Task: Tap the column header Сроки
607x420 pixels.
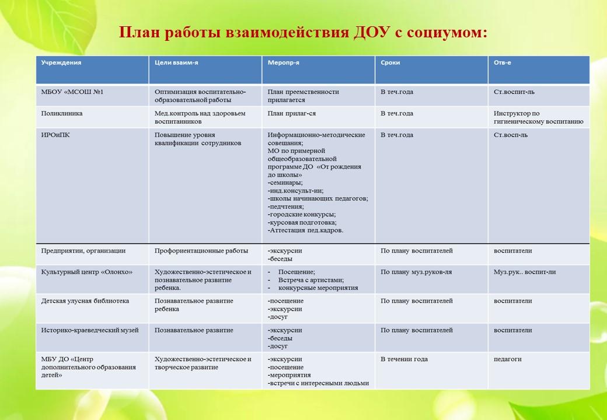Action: [390, 62]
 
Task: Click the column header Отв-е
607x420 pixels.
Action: [503, 62]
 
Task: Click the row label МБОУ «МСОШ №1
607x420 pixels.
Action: [72, 92]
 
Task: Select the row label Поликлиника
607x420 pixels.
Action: [62, 114]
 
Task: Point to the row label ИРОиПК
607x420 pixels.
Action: [56, 135]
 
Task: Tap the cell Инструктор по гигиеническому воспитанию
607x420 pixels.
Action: [538, 118]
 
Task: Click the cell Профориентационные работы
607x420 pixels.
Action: [201, 251]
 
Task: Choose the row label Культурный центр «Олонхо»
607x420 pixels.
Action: [87, 272]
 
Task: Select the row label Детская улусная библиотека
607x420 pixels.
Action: [85, 301]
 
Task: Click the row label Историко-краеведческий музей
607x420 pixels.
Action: [90, 330]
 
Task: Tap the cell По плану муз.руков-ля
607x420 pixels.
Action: [416, 272]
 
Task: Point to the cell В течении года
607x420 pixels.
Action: [404, 359]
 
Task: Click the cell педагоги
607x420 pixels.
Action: [508, 359]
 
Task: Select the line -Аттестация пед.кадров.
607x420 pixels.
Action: [305, 230]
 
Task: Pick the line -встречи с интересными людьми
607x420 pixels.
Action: [318, 384]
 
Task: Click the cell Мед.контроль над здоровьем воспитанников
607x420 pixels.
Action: [200, 118]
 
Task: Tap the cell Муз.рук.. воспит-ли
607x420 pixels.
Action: [525, 272]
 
